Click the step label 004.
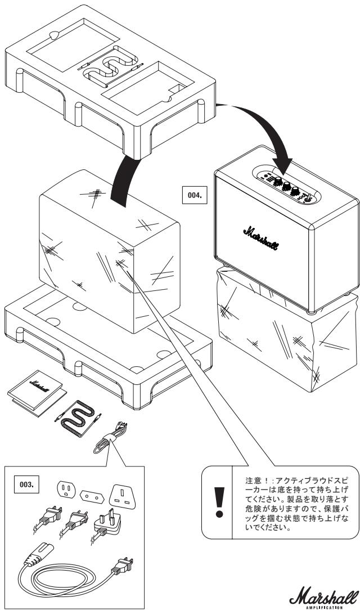195,195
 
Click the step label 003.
26,485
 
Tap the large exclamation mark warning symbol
219,502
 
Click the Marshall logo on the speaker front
261,238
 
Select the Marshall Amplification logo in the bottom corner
323,596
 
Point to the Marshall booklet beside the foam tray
36,393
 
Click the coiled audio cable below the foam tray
78,418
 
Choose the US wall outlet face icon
66,489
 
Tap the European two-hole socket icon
92,496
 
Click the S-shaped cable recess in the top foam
111,66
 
